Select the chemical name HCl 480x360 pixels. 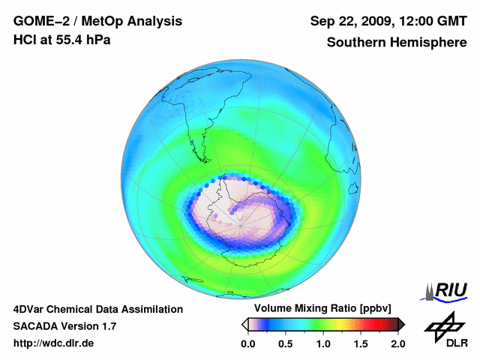pyautogui.click(x=25, y=40)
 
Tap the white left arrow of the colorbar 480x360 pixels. pyautogui.click(x=244, y=324)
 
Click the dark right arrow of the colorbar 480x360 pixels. pyautogui.click(x=401, y=324)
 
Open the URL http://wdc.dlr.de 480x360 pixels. pyautogui.click(x=54, y=343)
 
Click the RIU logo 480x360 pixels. pyautogui.click(x=447, y=290)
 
